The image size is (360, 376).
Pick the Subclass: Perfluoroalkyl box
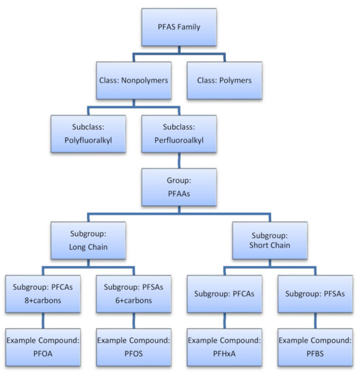pyautogui.click(x=180, y=133)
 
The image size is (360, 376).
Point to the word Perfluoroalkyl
pyautogui.click(x=180, y=140)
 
